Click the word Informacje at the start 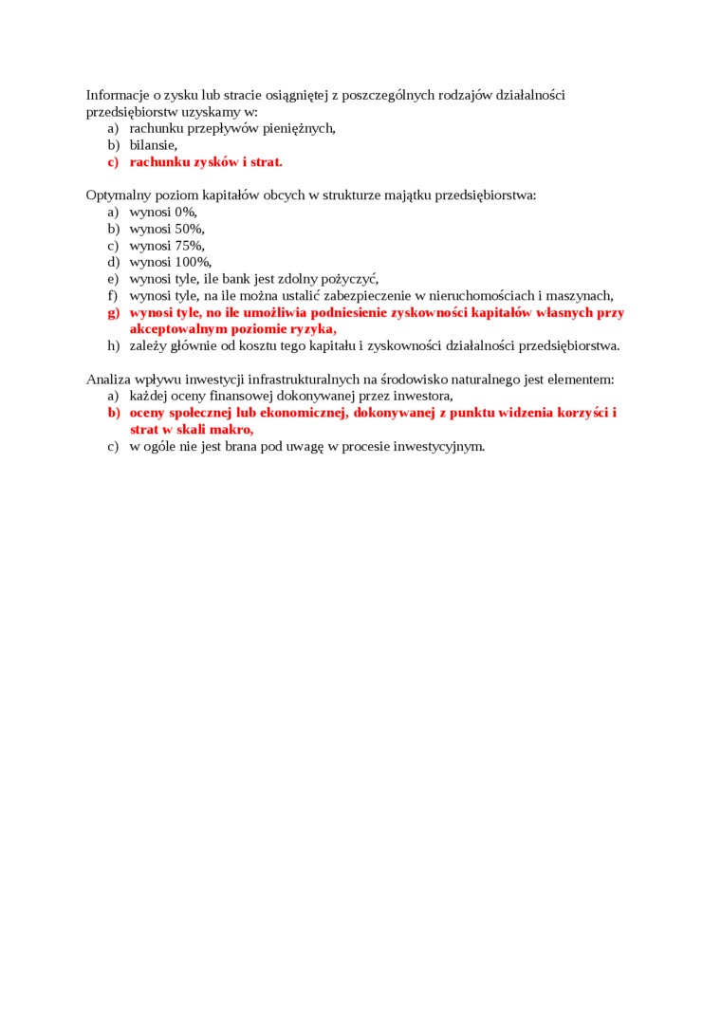coord(117,95)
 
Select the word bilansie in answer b coord(153,145)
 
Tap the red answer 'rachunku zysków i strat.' coord(206,162)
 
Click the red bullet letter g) coord(114,312)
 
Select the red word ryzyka coord(312,329)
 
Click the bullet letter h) coord(114,345)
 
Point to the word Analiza coord(109,380)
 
